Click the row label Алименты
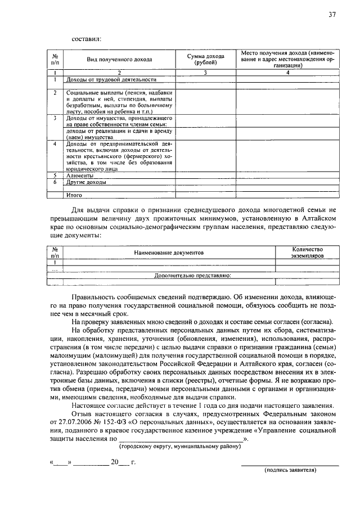[80, 175]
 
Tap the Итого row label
[74, 195]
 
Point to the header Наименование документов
[168, 254]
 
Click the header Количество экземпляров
[308, 252]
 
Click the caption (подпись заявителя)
[290, 469]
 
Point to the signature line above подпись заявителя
[290, 465]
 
